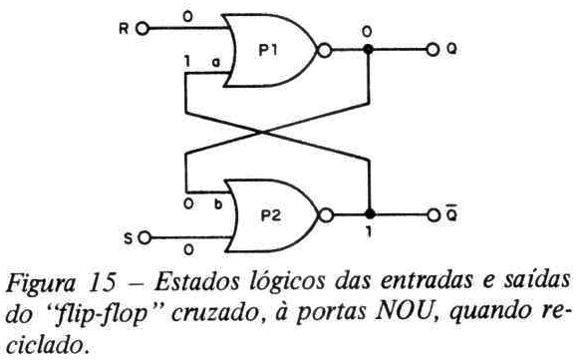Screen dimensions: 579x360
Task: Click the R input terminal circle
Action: click(143, 29)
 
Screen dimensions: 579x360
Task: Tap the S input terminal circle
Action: click(145, 238)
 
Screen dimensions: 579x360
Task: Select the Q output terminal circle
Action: click(433, 49)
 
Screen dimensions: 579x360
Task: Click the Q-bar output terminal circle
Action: click(434, 215)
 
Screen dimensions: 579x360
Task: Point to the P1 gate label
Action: click(268, 50)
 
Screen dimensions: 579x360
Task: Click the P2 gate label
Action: click(271, 215)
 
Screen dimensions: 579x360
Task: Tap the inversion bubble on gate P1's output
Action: click(325, 50)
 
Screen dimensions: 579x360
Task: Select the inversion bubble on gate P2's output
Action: click(325, 215)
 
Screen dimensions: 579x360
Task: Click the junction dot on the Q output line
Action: click(368, 49)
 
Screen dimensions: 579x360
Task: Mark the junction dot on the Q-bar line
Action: click(370, 214)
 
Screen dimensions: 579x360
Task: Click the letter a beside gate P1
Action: click(216, 62)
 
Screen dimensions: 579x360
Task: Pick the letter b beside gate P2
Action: click(218, 203)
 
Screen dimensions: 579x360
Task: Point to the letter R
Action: click(124, 29)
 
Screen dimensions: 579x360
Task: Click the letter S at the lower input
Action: click(128, 238)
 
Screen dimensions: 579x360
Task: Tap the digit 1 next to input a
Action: click(187, 61)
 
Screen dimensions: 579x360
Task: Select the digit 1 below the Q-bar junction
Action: click(369, 231)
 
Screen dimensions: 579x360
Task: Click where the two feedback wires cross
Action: click(263, 133)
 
